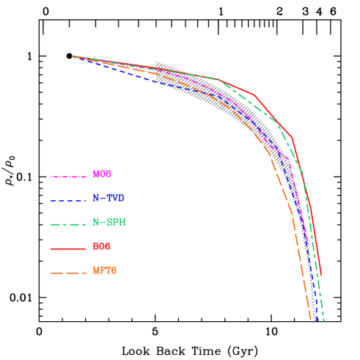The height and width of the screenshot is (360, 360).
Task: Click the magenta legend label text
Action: tap(102, 175)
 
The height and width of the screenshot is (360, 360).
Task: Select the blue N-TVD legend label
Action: tap(109, 199)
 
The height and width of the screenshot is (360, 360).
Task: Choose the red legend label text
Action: tap(102, 247)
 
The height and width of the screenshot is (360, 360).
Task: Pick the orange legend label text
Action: tap(104, 271)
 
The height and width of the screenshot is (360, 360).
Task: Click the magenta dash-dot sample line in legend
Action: tap(68, 177)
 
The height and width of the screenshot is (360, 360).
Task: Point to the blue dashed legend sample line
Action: tap(68, 200)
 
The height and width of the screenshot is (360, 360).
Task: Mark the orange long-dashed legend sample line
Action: tap(68, 273)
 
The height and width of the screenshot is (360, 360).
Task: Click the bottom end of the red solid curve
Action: tap(321, 276)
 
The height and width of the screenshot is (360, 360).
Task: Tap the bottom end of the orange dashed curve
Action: tap(310, 319)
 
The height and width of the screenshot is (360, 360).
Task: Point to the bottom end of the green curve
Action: tap(323, 320)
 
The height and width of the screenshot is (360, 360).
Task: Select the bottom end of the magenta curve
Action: tap(308, 245)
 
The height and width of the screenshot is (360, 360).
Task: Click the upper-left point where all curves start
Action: tap(72, 56)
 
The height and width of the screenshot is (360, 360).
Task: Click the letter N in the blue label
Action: tap(96, 199)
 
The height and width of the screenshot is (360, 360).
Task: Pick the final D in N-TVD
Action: tap(121, 199)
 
